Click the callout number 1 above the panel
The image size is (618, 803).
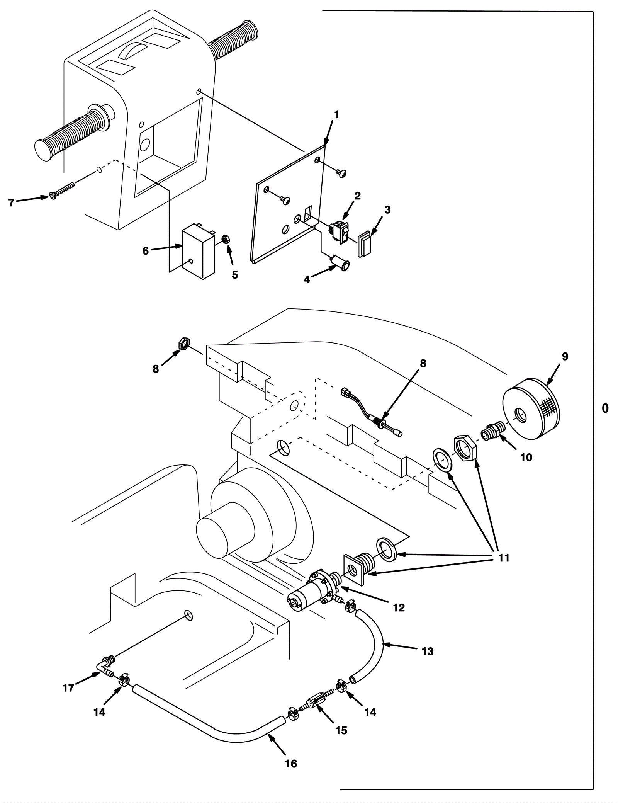pyautogui.click(x=337, y=115)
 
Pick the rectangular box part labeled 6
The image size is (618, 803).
pyautogui.click(x=199, y=251)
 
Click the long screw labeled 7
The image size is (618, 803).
pyautogui.click(x=62, y=190)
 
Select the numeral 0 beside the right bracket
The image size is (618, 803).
pyautogui.click(x=605, y=408)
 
